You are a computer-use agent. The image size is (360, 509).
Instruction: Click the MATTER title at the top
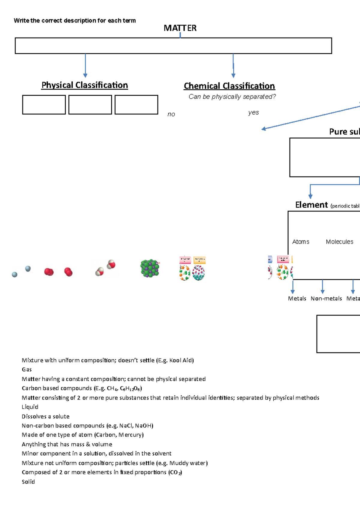(180, 28)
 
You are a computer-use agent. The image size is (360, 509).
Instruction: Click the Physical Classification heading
(85, 85)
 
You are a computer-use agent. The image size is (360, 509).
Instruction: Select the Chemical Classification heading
(229, 86)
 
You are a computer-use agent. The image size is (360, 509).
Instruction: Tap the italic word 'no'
(171, 114)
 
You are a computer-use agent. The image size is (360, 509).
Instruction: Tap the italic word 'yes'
(253, 112)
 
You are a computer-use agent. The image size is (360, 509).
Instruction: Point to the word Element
(311, 205)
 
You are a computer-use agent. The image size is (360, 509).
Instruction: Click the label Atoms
(301, 242)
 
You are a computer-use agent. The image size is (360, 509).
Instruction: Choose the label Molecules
(340, 242)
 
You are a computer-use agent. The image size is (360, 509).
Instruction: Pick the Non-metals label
(326, 299)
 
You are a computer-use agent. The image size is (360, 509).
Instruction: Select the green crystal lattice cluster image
(150, 268)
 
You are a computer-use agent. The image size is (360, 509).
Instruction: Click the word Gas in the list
(27, 370)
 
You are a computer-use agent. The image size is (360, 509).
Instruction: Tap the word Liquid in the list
(30, 407)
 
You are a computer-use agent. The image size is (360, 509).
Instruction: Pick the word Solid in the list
(28, 482)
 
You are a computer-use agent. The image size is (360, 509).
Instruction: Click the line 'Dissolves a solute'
(46, 416)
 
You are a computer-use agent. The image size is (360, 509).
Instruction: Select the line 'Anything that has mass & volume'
(67, 444)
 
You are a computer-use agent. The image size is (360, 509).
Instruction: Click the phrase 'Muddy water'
(188, 463)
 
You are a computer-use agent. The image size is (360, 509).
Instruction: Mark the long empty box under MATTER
(173, 46)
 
